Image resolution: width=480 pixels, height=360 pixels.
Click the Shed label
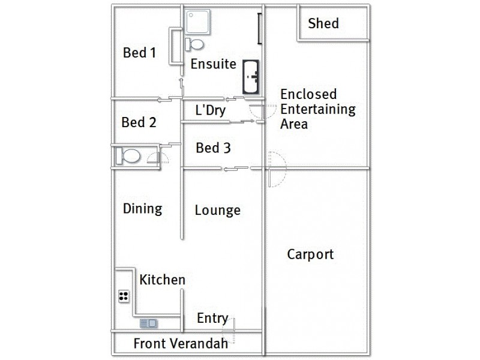point(323,23)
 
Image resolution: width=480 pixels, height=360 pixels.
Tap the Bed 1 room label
point(139,53)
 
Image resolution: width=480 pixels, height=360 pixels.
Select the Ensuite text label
point(213,64)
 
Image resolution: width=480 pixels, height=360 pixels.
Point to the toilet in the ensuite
point(195,44)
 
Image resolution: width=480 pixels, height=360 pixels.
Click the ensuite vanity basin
point(251,76)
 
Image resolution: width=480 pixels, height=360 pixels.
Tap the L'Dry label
point(210,110)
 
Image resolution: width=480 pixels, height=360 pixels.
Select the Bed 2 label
point(139,122)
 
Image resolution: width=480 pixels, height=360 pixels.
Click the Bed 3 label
point(213,148)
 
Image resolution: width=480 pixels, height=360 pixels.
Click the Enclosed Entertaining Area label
point(318,109)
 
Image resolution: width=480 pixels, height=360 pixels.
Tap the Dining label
point(143,209)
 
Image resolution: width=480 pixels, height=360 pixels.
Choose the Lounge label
point(217,210)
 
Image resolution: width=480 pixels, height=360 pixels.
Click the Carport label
point(310,254)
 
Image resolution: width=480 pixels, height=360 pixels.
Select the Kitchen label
point(162,280)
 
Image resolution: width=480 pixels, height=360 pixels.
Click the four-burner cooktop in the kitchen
point(125,295)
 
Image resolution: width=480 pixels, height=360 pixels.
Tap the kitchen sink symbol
point(149,323)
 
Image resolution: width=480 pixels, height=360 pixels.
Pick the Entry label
point(212,318)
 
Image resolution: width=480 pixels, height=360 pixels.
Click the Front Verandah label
point(172,344)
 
